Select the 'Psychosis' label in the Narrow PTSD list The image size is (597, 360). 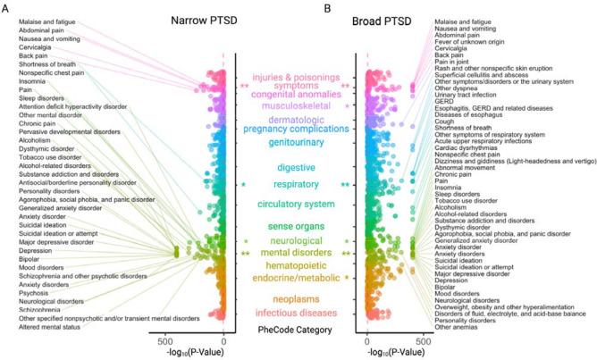pyautogui.click(x=33, y=291)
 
